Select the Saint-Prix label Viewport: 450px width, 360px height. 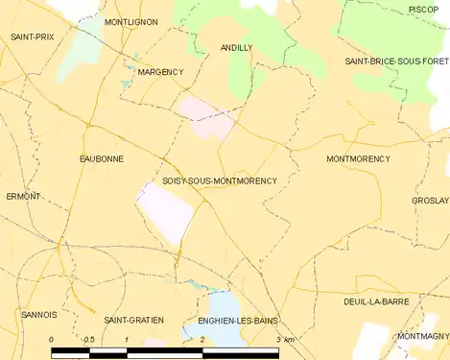point(32,36)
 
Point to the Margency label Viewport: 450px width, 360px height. point(159,72)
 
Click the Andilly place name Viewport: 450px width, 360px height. point(236,47)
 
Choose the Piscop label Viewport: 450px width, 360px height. point(423,9)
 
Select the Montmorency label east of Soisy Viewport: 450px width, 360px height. point(358,158)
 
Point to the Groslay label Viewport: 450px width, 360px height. point(430,201)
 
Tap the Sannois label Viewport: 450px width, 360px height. point(39,314)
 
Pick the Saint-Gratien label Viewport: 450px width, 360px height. point(133,319)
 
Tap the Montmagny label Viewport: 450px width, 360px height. point(422,336)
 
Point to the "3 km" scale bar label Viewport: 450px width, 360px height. point(284,341)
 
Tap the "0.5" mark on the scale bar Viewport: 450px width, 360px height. point(88,341)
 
